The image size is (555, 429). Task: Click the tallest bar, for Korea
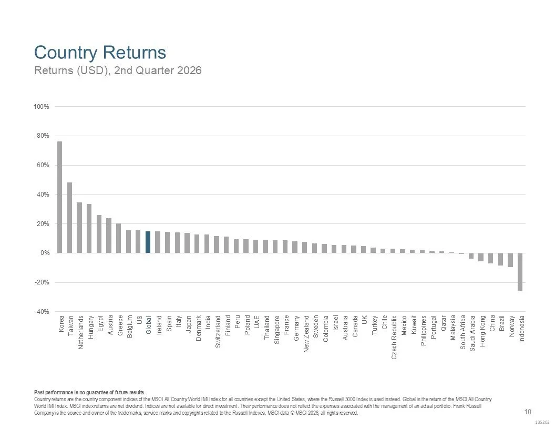[60, 197]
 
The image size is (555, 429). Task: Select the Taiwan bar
[70, 218]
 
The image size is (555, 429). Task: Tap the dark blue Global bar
[148, 242]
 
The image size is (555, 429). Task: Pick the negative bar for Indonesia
[520, 272]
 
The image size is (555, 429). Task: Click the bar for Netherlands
[79, 228]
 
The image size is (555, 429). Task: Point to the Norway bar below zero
[510, 260]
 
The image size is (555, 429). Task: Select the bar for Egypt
[99, 234]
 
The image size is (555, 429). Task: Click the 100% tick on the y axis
[42, 107]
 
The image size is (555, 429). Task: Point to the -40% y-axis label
[42, 312]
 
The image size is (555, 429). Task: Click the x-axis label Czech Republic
[394, 338]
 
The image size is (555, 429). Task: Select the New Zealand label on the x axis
[306, 334]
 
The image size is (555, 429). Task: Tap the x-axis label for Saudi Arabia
[472, 333]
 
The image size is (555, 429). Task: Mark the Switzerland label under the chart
[218, 331]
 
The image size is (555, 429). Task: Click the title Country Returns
[100, 53]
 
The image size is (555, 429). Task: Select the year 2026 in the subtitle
[189, 70]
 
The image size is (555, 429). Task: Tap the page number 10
[527, 412]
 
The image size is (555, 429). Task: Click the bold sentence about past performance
[89, 392]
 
